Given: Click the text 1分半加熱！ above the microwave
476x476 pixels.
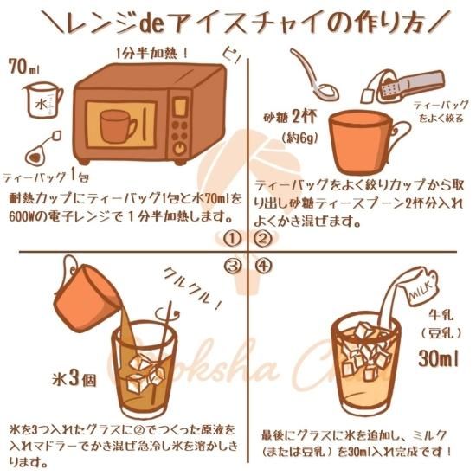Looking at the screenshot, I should (152, 53).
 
